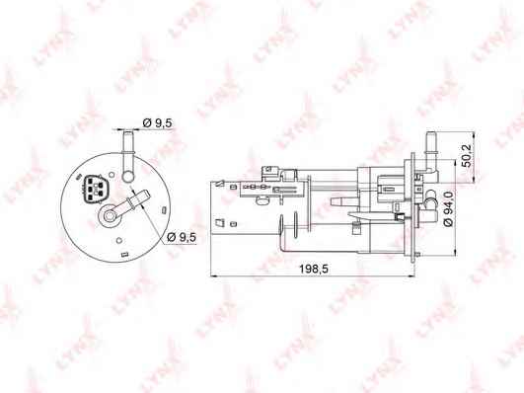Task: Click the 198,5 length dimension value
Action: pos(314,269)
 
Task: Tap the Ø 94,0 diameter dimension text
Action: pos(449,208)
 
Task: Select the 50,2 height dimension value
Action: pos(467,156)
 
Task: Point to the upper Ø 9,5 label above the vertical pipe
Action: pos(157,123)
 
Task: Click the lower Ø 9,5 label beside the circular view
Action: pos(182,237)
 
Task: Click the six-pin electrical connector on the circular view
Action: pos(93,189)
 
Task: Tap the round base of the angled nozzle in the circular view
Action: pos(109,216)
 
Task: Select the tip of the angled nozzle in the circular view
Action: pos(147,194)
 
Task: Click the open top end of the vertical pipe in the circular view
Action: pos(128,132)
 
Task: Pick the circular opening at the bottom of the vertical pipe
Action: pos(128,177)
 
